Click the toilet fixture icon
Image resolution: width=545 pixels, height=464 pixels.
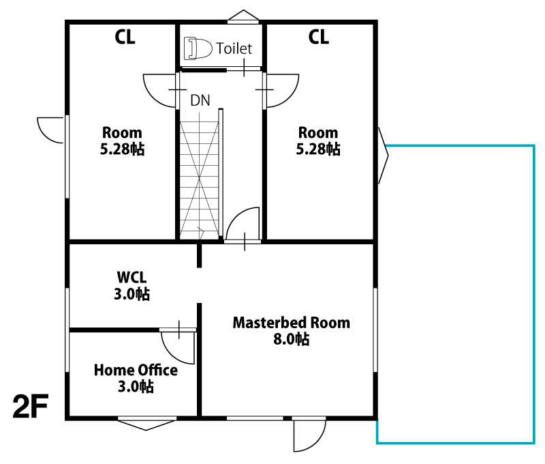point(198,48)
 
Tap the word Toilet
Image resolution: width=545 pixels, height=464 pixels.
point(234,48)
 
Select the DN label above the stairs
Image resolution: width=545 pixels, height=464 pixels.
point(200,100)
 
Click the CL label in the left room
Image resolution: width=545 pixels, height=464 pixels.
point(125,37)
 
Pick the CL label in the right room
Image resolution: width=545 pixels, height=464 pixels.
point(319,37)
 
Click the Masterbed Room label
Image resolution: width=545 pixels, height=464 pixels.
point(291,323)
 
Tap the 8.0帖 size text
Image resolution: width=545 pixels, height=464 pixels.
point(291,339)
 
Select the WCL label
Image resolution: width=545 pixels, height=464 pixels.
point(131,278)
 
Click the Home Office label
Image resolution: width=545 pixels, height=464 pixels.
point(136,371)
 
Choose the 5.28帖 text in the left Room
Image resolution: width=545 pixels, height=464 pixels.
point(122,149)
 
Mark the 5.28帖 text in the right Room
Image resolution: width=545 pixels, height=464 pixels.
point(317,149)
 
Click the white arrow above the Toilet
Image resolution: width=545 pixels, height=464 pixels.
point(243,17)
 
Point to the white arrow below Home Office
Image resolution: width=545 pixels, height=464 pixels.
point(147,424)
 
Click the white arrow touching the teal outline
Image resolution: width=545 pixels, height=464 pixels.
point(383,156)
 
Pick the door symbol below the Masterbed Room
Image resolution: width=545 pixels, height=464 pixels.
point(307,434)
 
